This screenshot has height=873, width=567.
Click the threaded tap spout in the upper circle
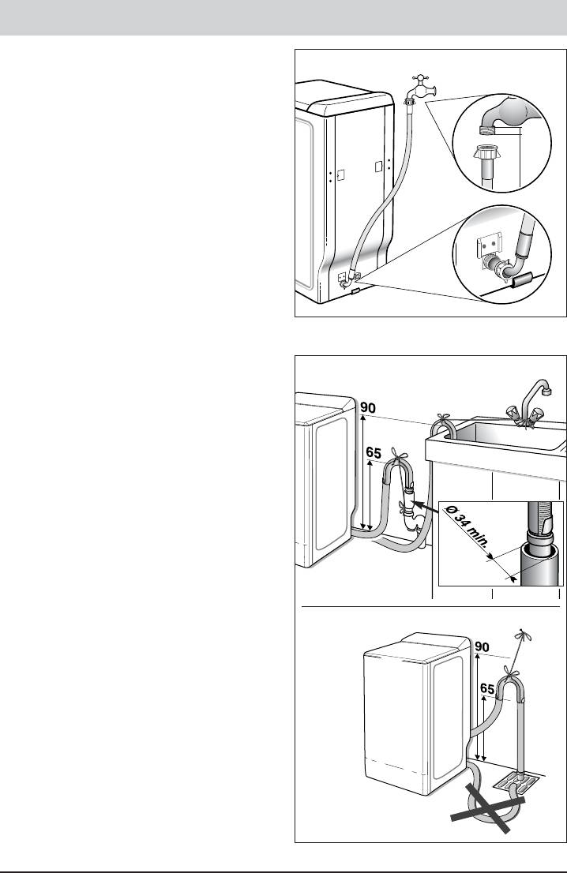(x=487, y=129)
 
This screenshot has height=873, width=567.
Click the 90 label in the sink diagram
(x=368, y=407)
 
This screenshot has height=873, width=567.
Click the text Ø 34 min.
(x=470, y=533)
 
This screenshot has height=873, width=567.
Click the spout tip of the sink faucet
(x=546, y=391)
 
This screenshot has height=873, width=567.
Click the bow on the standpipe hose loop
(x=399, y=455)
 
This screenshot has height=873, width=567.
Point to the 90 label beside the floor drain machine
(x=482, y=647)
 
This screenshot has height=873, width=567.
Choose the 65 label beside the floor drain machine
(x=487, y=689)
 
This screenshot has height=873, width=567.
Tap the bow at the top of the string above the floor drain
(x=521, y=635)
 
